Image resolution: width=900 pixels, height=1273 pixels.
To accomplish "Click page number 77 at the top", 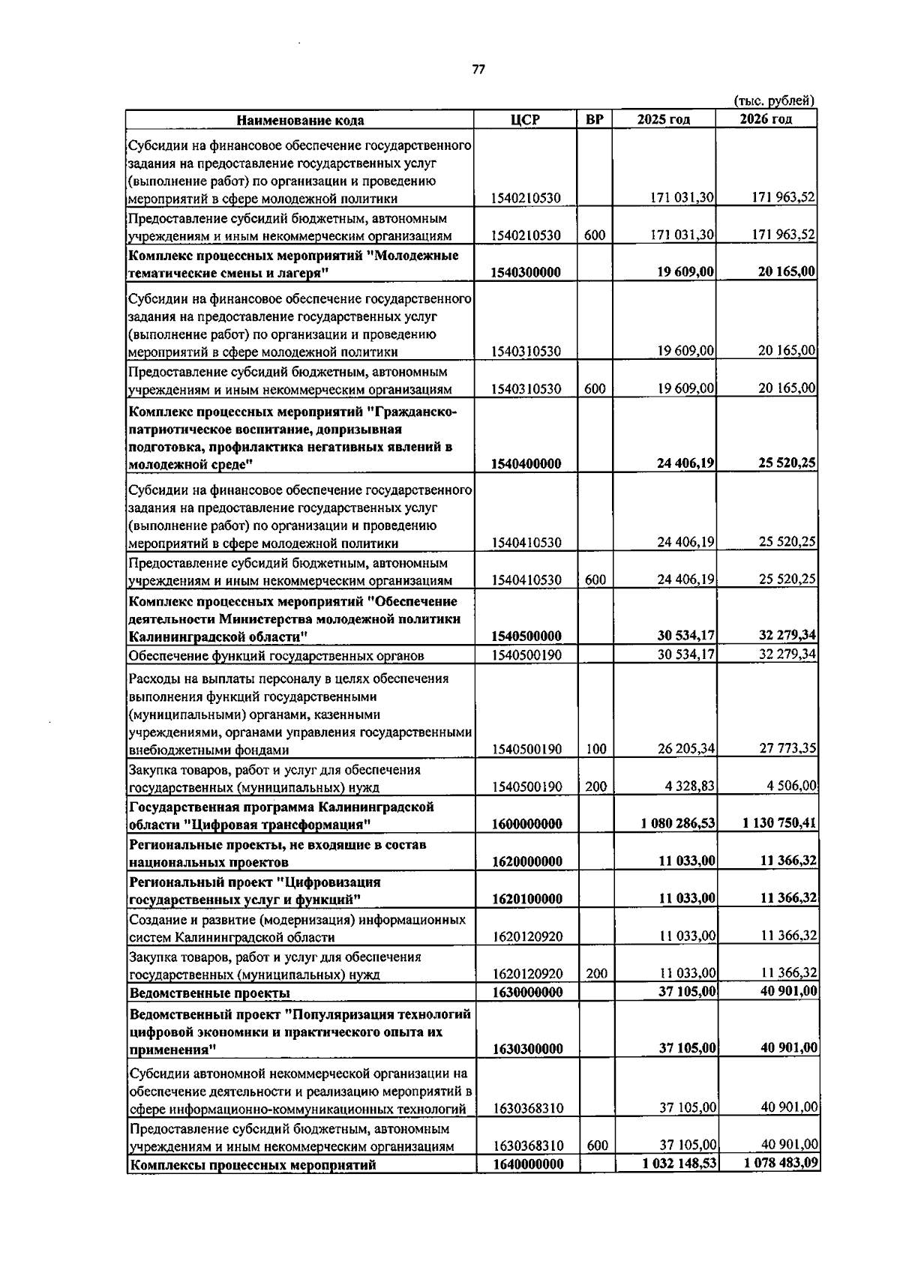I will tap(478, 69).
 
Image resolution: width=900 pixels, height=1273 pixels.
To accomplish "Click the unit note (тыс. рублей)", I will tap(774, 100).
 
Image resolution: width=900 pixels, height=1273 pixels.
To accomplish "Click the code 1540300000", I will tap(526, 272).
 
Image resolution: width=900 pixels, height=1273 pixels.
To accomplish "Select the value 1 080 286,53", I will tap(678, 824).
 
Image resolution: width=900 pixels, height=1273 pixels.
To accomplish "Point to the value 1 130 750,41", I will tap(779, 824).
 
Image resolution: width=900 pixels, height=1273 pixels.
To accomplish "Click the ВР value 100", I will tap(595, 749).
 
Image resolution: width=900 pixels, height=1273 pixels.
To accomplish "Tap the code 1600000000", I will tap(526, 824).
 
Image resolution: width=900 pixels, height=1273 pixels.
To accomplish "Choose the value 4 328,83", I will tap(689, 786).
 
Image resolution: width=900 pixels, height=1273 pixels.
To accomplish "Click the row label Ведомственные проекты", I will tap(210, 993).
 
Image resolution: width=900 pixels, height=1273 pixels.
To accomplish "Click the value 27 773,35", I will tap(787, 749).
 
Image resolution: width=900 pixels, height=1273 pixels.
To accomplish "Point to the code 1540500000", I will tap(526, 636).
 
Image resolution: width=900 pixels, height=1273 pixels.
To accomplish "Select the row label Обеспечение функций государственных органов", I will tap(277, 656).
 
